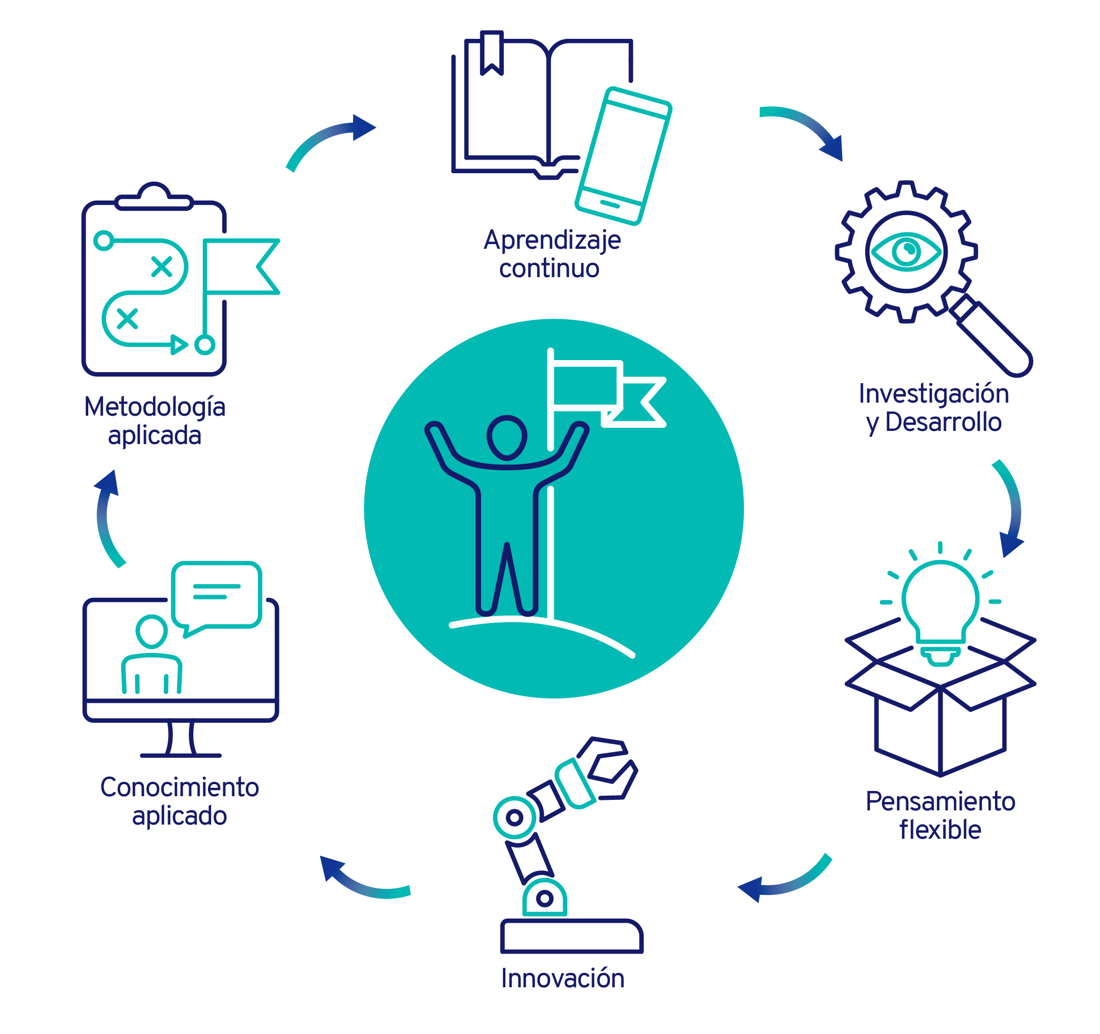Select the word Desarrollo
pos(943,423)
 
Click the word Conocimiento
pos(179,787)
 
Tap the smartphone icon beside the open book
pos(623,156)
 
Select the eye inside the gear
pos(906,252)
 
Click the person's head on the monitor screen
pos(152,631)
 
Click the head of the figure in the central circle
pos(506,437)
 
